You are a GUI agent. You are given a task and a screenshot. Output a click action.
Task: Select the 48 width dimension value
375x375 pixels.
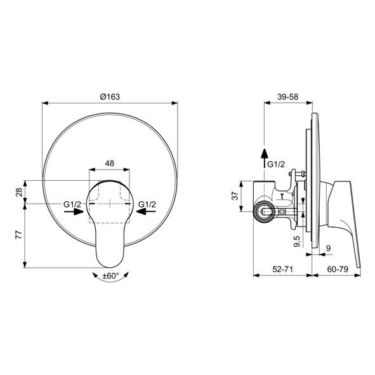click(x=109, y=163)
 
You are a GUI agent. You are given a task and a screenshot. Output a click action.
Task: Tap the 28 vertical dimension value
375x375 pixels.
click(x=19, y=191)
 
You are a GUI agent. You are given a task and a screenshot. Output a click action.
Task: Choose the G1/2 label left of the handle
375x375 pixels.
click(x=72, y=204)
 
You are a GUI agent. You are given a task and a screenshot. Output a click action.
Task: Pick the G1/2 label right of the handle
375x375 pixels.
click(x=147, y=204)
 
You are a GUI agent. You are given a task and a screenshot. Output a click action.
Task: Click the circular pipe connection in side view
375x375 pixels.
click(x=262, y=214)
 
